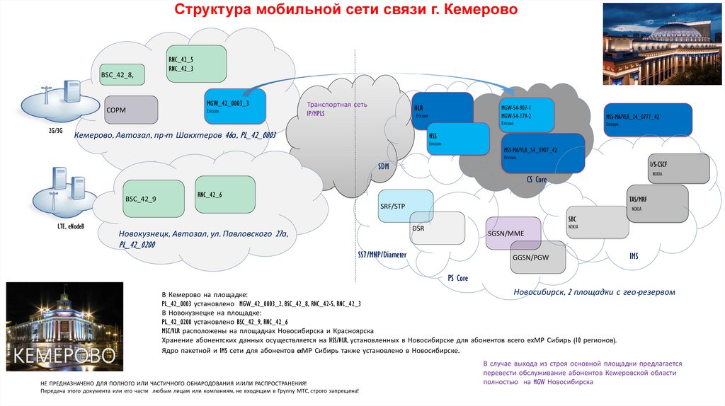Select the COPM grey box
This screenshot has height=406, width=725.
pos(131,110)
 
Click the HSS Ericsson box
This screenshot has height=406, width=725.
pos(457,139)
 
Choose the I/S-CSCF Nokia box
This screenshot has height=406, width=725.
pos(679,168)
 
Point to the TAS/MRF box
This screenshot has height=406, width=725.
pos(658,204)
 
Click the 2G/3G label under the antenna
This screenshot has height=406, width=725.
pos(55,131)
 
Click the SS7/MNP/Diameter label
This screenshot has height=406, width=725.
pos(382,253)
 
